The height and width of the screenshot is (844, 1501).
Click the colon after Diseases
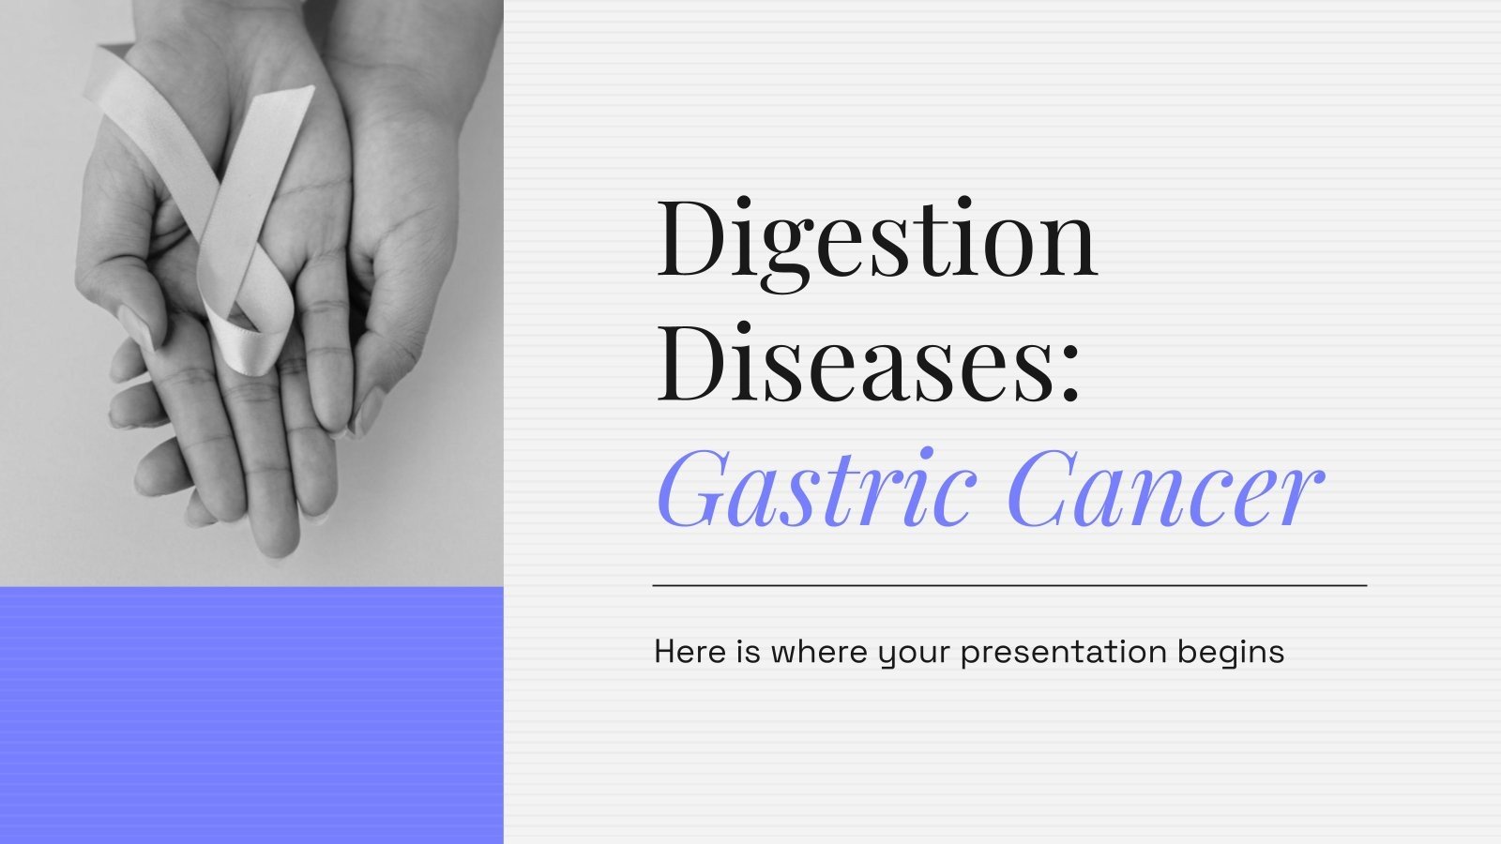click(1070, 375)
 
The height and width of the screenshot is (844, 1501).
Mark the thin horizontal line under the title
click(1009, 585)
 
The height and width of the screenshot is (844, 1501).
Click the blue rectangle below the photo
click(251, 715)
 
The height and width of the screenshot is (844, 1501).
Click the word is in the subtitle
click(749, 652)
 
